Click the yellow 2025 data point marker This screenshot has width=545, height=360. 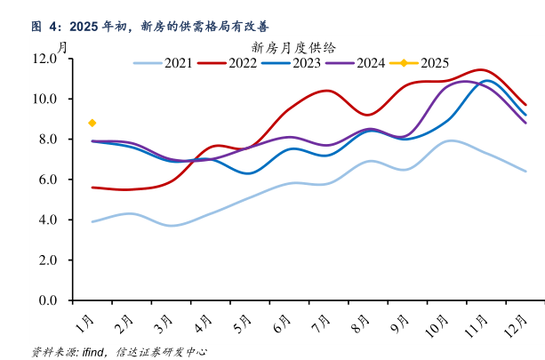pyautogui.click(x=92, y=123)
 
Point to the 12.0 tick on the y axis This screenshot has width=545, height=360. pyautogui.click(x=44, y=59)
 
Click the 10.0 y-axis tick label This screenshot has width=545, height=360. pyautogui.click(x=44, y=99)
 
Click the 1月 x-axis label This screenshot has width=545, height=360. pyautogui.click(x=84, y=317)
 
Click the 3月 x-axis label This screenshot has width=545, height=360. pyautogui.click(x=164, y=317)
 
